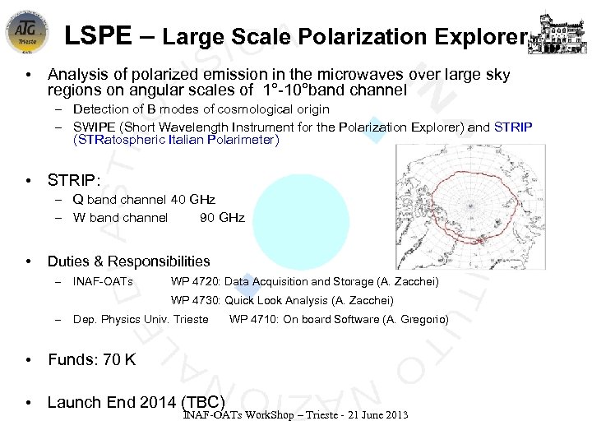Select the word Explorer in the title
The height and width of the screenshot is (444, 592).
(485, 37)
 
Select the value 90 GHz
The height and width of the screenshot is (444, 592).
(222, 218)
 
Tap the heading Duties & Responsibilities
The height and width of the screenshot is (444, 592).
(129, 261)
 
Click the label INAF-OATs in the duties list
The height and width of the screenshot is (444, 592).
(103, 282)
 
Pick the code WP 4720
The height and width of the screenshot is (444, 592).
(195, 282)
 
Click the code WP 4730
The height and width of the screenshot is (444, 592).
(195, 300)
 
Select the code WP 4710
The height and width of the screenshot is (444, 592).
(253, 319)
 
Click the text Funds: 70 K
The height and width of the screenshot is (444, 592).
(92, 359)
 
